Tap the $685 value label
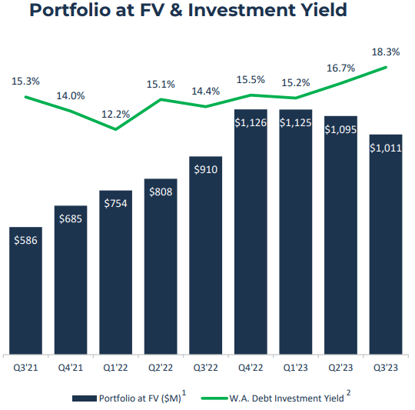71,219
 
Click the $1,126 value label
251,122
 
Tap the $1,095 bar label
340,129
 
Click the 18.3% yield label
386,52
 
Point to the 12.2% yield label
115,114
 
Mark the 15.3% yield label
25,80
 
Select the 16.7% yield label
340,68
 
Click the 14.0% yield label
71,95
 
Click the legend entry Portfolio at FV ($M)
130,398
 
